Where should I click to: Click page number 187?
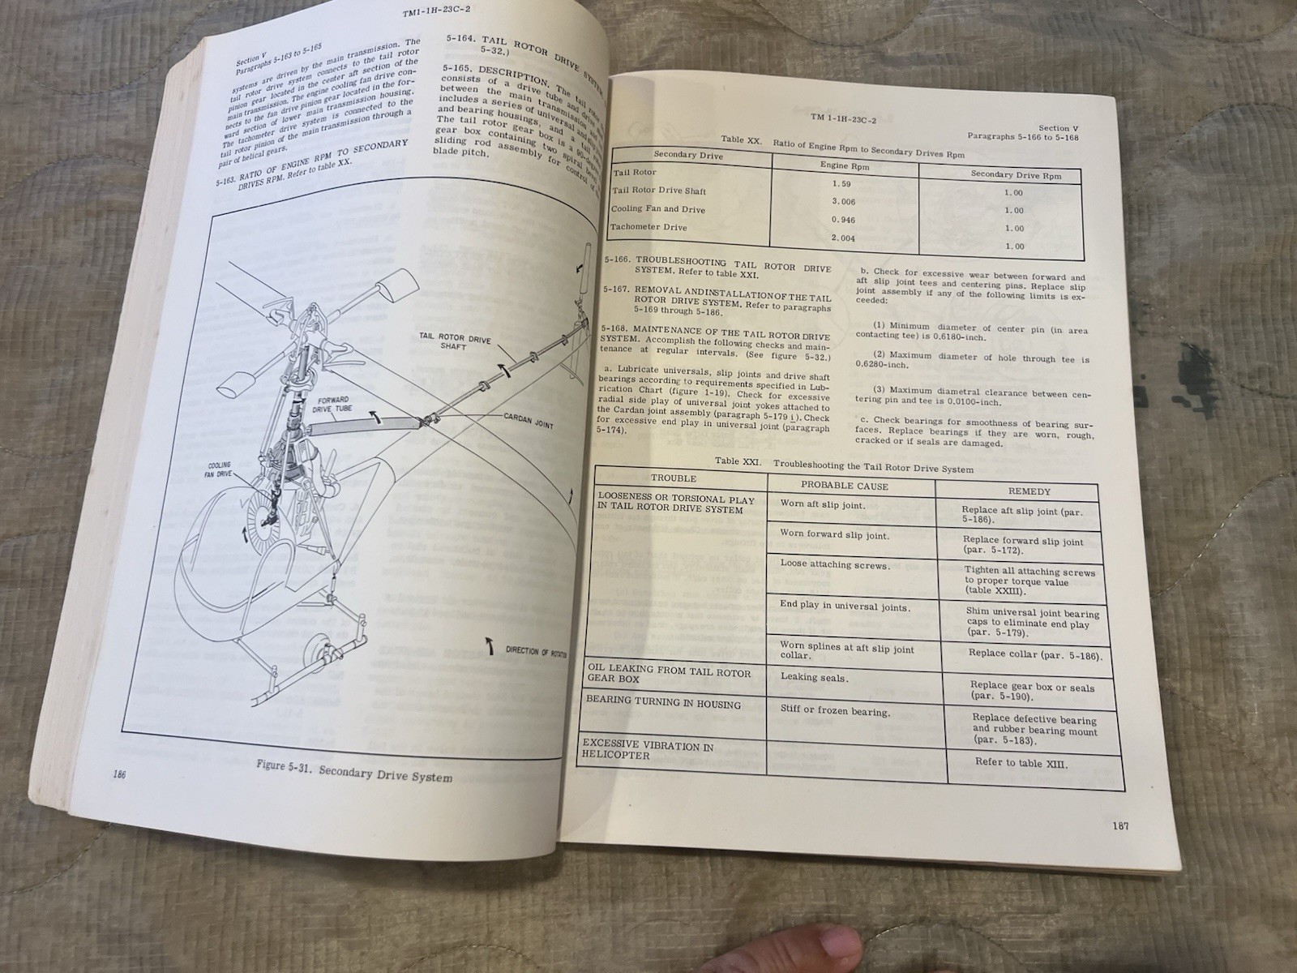coord(1120,826)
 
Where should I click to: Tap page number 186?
coord(120,775)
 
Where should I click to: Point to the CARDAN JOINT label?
coord(529,422)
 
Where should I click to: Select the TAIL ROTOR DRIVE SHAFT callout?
coord(454,343)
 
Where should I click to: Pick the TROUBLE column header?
coord(673,478)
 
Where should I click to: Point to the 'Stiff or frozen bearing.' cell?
coord(834,711)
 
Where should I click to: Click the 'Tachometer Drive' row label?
coord(648,227)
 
